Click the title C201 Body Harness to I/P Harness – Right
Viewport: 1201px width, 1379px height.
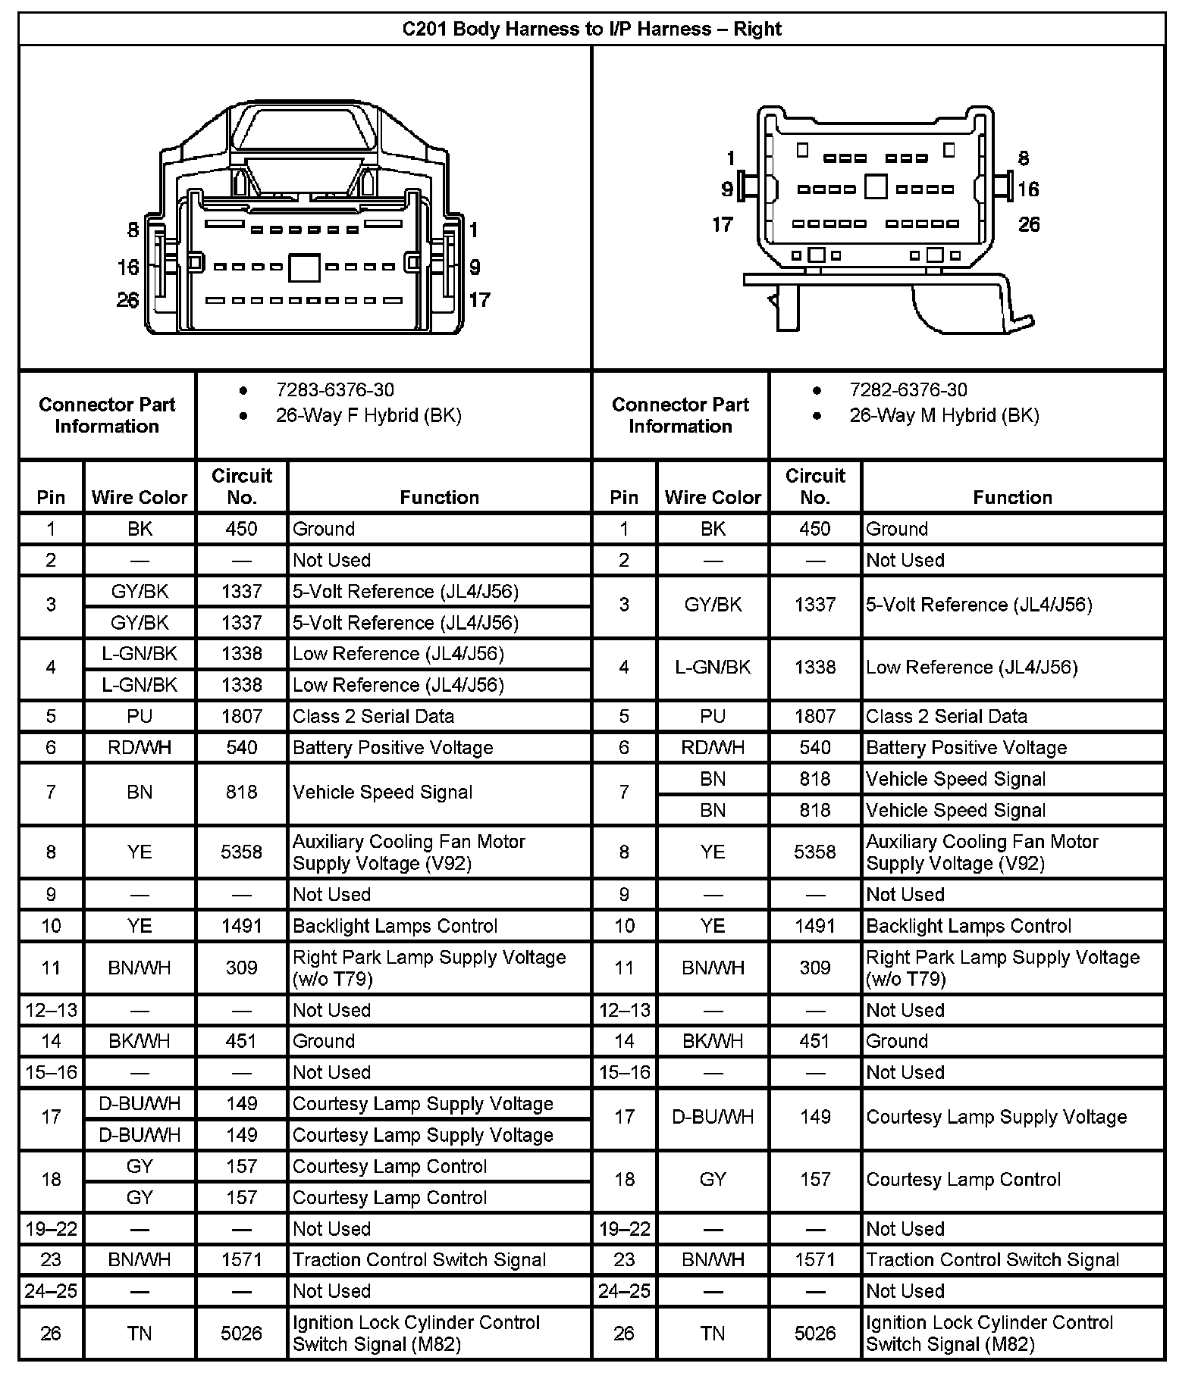(x=591, y=30)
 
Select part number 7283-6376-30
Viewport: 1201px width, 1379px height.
(x=334, y=390)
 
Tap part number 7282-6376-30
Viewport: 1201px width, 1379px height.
(x=908, y=390)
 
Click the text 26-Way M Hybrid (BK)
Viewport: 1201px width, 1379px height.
(x=944, y=416)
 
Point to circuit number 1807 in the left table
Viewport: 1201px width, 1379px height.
(x=241, y=717)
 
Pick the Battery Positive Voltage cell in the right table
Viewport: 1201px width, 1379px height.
(x=966, y=748)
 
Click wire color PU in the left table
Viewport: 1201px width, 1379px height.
(x=140, y=717)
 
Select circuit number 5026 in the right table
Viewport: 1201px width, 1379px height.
(x=814, y=1333)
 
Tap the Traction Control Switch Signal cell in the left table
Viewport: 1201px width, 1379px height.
(x=419, y=1260)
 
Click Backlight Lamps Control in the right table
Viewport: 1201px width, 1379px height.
(x=968, y=926)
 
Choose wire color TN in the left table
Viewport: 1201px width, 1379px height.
(x=140, y=1333)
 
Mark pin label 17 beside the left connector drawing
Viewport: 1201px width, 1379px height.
(x=479, y=300)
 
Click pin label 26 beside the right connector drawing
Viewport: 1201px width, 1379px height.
(x=1028, y=224)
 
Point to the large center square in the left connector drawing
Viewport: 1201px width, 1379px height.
(x=304, y=267)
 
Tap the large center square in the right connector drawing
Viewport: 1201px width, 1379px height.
(x=876, y=186)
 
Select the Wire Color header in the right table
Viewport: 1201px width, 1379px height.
(x=713, y=498)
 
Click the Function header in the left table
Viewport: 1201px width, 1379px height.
(x=439, y=498)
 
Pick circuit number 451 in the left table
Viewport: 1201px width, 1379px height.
(x=241, y=1041)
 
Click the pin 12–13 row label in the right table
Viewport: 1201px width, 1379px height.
(x=624, y=1010)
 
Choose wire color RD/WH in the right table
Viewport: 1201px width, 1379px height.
(x=713, y=748)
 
